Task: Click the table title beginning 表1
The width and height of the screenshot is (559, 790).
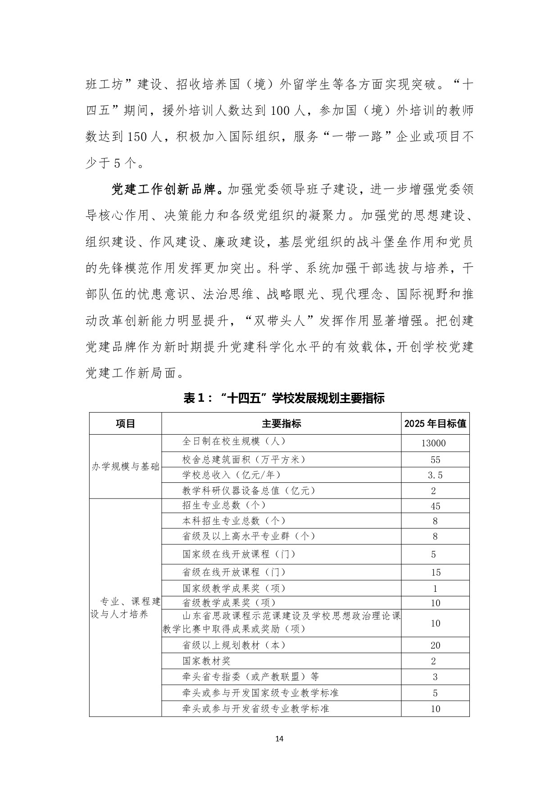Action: coord(284,398)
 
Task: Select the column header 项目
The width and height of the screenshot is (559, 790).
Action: coord(125,423)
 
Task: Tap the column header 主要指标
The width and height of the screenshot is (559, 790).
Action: coord(282,423)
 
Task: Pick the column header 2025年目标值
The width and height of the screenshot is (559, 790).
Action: coord(435,423)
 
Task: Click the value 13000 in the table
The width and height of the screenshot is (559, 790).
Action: coord(433,443)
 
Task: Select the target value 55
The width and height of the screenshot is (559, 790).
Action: coord(435,460)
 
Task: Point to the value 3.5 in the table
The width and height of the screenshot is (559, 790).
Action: coord(435,475)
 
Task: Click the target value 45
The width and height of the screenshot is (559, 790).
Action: coord(435,506)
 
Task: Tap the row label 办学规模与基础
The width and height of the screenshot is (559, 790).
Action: coord(126,467)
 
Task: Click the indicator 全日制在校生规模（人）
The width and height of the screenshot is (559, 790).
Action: coord(234,441)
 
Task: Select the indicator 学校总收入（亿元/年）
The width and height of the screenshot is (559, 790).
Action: coord(232,475)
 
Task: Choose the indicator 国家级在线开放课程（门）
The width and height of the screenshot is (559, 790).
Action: coord(239,554)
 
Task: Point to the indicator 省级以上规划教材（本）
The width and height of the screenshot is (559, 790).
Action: coord(234,645)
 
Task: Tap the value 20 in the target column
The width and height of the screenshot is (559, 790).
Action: coord(435,645)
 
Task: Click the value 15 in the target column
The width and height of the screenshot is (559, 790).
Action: coord(435,572)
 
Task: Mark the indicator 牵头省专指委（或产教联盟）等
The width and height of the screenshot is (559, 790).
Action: coord(251,676)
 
